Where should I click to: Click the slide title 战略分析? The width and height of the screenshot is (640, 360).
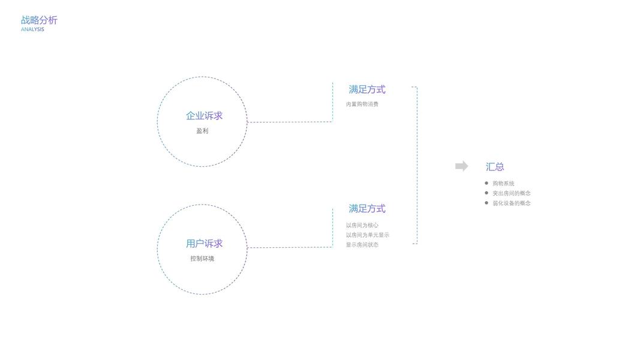click(39, 20)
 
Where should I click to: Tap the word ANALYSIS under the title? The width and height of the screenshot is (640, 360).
click(32, 29)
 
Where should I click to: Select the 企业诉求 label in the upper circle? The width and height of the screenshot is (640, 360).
click(204, 116)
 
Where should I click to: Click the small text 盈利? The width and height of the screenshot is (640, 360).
click(202, 131)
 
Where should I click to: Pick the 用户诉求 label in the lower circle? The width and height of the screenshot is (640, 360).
click(204, 244)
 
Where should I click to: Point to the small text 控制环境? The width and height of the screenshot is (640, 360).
click(202, 259)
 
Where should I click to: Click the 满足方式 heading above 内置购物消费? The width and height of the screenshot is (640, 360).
click(367, 89)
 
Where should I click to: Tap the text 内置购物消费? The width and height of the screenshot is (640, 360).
click(362, 104)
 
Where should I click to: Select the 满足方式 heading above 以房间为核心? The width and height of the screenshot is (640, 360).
click(367, 209)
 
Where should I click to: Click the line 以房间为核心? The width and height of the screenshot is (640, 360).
click(362, 226)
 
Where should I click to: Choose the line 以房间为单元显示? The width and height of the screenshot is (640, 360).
click(367, 235)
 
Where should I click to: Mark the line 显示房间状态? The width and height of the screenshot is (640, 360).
click(362, 245)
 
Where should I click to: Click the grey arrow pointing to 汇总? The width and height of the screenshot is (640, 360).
click(461, 166)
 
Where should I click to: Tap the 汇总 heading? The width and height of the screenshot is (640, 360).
click(495, 167)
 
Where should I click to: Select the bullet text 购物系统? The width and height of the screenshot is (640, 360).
click(503, 184)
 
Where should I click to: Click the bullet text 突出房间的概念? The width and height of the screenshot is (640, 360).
click(512, 193)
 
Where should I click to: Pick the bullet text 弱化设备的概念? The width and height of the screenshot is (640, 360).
click(512, 203)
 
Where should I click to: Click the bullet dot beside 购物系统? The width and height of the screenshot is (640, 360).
click(486, 183)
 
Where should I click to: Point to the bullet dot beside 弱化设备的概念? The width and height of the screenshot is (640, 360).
click(486, 203)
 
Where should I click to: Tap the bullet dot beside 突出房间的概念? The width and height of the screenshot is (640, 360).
click(486, 193)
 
